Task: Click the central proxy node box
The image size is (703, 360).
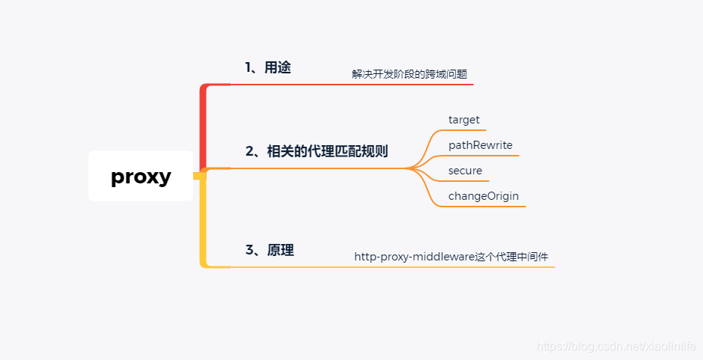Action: pyautogui.click(x=141, y=177)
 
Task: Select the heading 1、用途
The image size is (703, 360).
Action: pyautogui.click(x=267, y=67)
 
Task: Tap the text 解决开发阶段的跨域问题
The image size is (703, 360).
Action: pyautogui.click(x=410, y=74)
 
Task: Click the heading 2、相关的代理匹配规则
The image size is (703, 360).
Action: pyautogui.click(x=317, y=151)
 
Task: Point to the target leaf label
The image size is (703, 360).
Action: pyautogui.click(x=464, y=120)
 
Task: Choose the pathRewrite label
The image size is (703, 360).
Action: pyautogui.click(x=481, y=145)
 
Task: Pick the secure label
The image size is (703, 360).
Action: pyautogui.click(x=465, y=171)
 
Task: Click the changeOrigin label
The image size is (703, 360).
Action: pyautogui.click(x=484, y=196)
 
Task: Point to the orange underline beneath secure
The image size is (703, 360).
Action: pyautogui.click(x=467, y=181)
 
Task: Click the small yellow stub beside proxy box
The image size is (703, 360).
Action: pyautogui.click(x=198, y=177)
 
